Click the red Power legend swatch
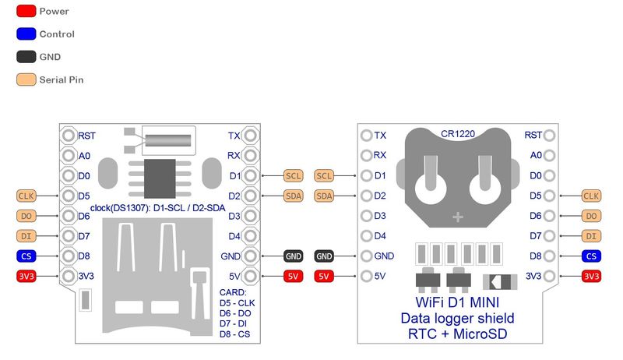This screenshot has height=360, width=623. coord(25,12)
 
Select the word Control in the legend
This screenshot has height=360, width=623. coord(57,34)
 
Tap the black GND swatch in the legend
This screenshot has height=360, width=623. coord(25,57)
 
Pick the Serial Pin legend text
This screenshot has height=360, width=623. coord(62,79)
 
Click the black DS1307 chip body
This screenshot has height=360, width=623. coord(159,178)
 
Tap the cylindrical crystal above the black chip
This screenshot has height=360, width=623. coord(168,140)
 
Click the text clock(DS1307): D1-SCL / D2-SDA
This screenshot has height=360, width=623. coord(161,207)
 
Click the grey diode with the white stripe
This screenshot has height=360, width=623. coord(498,281)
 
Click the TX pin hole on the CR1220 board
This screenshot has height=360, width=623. coord(367,136)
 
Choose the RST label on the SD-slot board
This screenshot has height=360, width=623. coord(86,136)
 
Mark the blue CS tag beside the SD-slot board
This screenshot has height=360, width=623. coord(26,256)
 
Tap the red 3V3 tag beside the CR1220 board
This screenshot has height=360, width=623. coord(591,276)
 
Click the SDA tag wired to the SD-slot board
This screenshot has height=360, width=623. coord(293,196)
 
